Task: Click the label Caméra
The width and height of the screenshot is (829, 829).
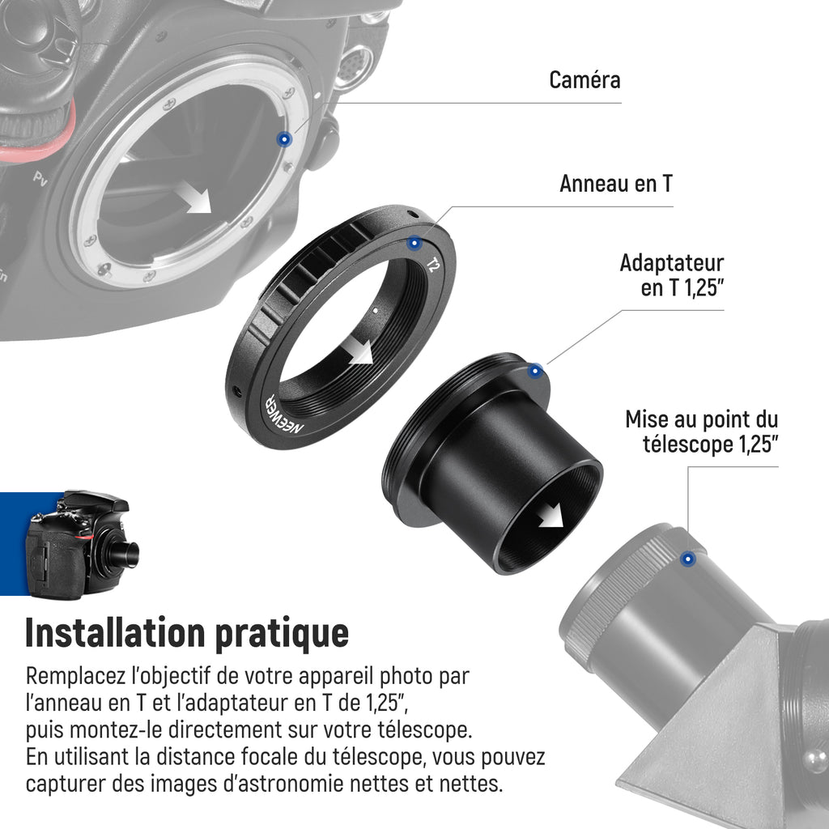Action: coord(585,80)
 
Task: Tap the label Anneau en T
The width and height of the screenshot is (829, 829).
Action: coord(616,184)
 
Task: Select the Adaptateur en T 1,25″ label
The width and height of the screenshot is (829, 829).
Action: coord(671,275)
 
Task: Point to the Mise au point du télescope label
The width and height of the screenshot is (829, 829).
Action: coord(702,432)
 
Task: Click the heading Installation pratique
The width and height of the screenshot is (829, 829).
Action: coord(187,633)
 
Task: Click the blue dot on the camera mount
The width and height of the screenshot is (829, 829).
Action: coord(284,139)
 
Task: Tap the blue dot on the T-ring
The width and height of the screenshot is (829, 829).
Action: coord(414,243)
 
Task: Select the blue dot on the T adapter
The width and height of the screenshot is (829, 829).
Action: coord(536,371)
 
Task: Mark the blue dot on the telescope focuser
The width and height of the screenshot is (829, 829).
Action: coord(688,559)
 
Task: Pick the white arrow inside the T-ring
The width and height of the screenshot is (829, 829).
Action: coord(359,351)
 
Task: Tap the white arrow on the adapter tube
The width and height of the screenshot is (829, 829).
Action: coord(551,516)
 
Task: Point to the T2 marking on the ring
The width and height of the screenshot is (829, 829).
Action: coord(432,265)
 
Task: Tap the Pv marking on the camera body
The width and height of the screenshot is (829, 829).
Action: coord(40,179)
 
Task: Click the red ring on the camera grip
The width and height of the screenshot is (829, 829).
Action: coord(37,143)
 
